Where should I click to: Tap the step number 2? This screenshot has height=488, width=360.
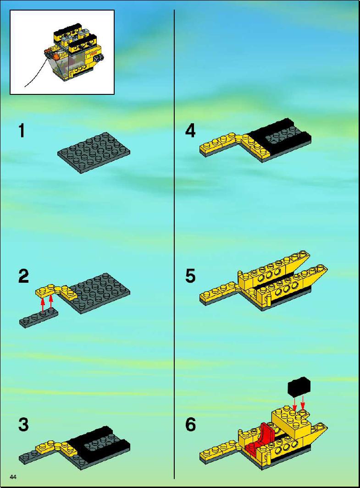coord(24,276)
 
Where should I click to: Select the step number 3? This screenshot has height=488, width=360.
coord(24,424)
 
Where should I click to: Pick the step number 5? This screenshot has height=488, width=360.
coord(190,276)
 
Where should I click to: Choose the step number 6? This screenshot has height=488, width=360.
coord(191,424)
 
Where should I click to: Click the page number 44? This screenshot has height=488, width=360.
coord(13,477)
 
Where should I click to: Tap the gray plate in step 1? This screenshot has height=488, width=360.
coord(94,153)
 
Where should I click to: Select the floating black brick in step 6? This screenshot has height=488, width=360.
coord(299,387)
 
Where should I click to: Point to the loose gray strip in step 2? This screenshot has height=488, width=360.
coord(39,318)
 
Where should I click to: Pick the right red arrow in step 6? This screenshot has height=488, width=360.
coord(302,403)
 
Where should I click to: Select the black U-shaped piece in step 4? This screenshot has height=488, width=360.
coord(279,137)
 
